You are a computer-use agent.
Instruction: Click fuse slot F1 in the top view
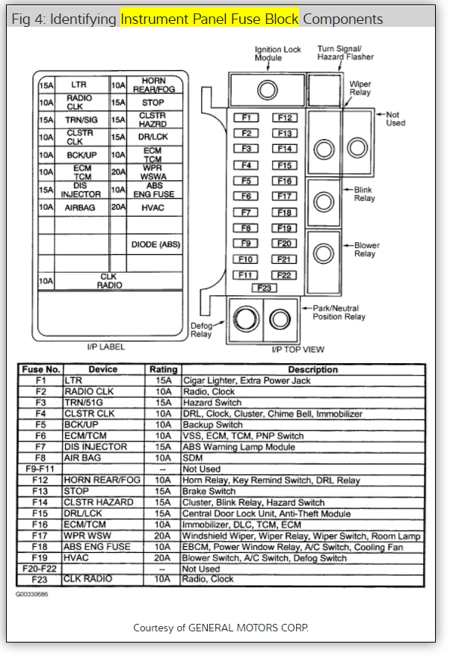click(246, 118)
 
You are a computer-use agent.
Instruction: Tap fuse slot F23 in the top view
click(264, 288)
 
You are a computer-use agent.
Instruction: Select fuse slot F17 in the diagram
click(284, 197)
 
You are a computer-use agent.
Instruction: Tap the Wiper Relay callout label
click(360, 88)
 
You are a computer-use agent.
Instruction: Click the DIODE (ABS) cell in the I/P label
click(155, 244)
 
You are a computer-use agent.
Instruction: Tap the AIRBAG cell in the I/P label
click(80, 207)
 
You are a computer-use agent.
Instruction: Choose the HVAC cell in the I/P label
click(153, 207)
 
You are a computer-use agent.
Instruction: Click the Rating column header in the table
click(164, 369)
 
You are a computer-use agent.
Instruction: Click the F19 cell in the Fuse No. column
click(40, 557)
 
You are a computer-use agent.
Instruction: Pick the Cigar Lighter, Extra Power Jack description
click(247, 380)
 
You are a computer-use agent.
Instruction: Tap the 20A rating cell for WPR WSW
click(164, 536)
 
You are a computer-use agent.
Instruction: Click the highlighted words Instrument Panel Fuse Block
click(209, 18)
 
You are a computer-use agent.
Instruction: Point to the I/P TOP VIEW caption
click(298, 350)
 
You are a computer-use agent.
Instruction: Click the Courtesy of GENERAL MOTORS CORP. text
click(221, 628)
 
